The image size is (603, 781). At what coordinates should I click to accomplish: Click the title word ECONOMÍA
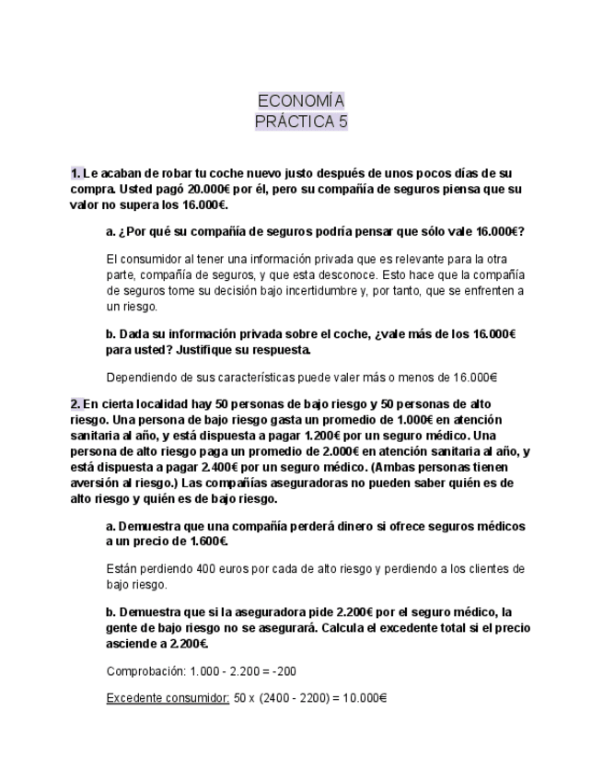pos(301,100)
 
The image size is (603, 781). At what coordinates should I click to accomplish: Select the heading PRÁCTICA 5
pos(301,121)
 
